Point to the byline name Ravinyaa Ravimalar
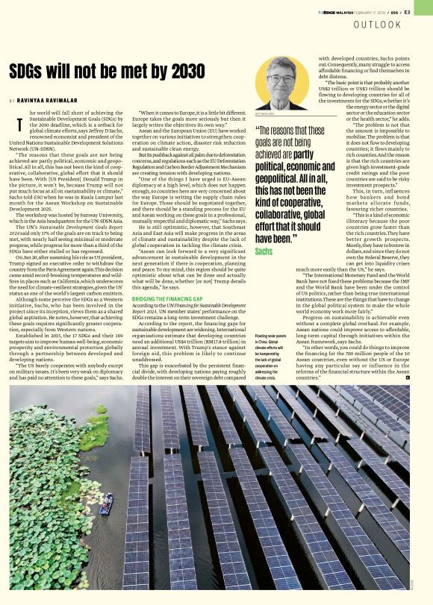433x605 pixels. (49, 100)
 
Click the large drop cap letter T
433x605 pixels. (19, 125)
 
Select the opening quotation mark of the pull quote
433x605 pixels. (259, 128)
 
